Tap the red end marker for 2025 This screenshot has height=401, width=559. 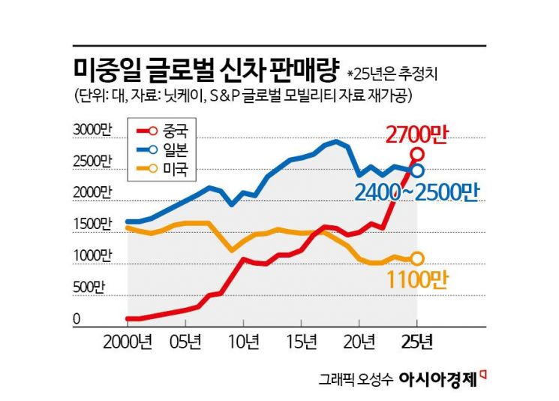click(417, 154)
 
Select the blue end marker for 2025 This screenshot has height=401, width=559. click(417, 171)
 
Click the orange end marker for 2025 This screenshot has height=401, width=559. click(417, 258)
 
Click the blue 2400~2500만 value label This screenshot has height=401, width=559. click(416, 193)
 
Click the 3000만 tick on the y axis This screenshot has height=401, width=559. click(91, 129)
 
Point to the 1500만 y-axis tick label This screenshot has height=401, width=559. click(91, 225)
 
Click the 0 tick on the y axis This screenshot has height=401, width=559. click(77, 319)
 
